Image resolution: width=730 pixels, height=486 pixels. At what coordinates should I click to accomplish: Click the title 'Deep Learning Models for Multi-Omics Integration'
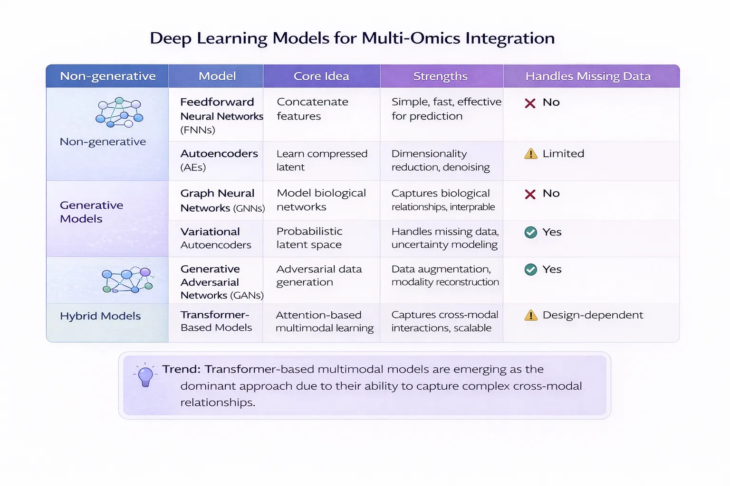click(352, 38)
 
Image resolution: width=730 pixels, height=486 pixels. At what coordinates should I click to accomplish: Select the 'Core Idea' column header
click(321, 76)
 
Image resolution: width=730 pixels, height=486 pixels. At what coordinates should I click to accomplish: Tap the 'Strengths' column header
click(440, 76)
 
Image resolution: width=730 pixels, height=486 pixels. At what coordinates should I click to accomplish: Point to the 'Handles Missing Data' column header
click(588, 76)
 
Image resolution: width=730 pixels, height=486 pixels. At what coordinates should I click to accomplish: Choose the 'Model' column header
click(217, 76)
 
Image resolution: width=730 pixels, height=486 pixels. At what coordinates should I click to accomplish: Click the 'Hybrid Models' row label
click(100, 316)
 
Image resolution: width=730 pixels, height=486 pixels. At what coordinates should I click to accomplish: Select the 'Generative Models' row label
click(91, 212)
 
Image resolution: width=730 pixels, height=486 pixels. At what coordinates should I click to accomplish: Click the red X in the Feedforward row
click(530, 103)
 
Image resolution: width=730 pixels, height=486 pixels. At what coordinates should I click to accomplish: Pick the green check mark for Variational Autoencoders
click(530, 232)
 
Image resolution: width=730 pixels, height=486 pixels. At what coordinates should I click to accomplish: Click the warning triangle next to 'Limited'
click(530, 154)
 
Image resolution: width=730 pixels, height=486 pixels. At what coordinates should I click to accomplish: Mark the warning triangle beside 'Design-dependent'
click(530, 316)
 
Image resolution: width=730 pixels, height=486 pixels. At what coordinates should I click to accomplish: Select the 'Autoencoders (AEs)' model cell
click(219, 160)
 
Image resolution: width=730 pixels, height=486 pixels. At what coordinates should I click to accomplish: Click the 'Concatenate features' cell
click(312, 109)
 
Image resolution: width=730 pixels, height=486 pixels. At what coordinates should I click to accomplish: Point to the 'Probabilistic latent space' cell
click(309, 238)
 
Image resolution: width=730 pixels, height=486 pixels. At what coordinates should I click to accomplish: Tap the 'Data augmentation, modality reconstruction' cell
click(445, 275)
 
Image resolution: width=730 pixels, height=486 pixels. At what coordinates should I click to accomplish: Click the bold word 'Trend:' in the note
click(182, 369)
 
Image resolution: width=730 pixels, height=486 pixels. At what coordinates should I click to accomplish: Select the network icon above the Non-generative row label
click(119, 112)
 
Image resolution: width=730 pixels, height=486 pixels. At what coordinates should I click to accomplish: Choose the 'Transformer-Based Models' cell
click(216, 321)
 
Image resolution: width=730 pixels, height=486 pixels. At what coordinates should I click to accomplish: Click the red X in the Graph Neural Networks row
click(530, 194)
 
